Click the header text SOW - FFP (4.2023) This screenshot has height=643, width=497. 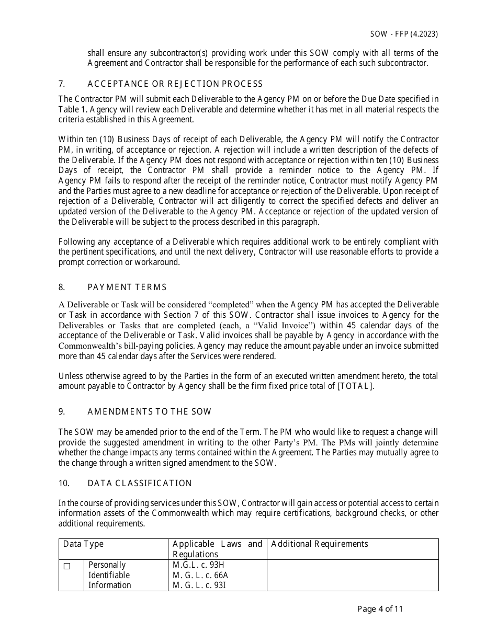404,34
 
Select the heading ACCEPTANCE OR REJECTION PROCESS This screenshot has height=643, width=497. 175,84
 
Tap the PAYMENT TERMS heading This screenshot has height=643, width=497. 127,287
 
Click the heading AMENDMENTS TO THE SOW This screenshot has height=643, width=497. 150,411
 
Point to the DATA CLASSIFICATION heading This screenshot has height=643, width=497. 140,483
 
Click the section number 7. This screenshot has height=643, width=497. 61,84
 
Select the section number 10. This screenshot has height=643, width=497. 63,483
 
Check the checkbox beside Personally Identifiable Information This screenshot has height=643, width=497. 67,566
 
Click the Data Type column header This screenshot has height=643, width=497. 84,544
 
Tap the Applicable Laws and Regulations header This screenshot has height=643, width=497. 217,549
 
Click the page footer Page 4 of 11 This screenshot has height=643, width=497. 380,608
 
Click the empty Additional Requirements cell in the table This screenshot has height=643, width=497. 352,575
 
